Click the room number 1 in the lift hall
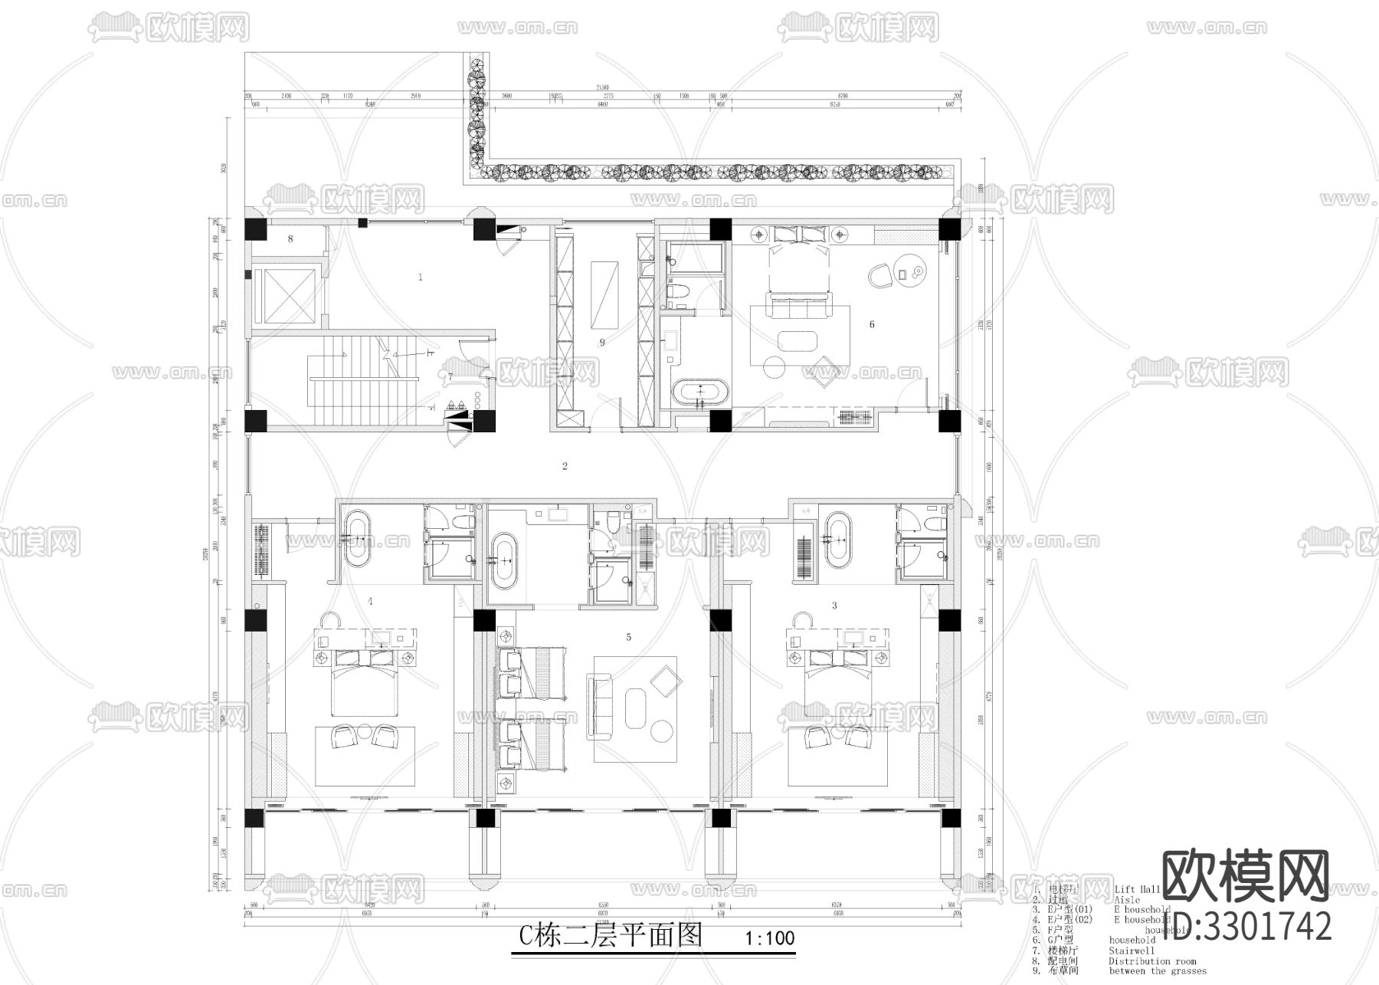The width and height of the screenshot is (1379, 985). click(x=420, y=277)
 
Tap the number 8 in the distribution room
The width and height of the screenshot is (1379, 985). click(x=290, y=239)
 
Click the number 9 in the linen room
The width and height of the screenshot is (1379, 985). click(x=602, y=343)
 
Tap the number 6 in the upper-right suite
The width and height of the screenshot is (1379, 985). click(x=872, y=324)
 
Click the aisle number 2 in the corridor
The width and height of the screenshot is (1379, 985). click(x=565, y=466)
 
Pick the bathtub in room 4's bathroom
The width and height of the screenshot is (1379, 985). click(x=356, y=540)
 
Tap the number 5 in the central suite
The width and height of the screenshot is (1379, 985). click(x=629, y=637)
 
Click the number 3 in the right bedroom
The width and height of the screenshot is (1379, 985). click(x=834, y=606)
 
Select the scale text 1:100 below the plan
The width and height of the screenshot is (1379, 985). click(x=770, y=938)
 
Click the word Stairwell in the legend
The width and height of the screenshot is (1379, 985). click(x=1131, y=951)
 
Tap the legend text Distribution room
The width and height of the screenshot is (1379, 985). click(x=1151, y=960)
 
